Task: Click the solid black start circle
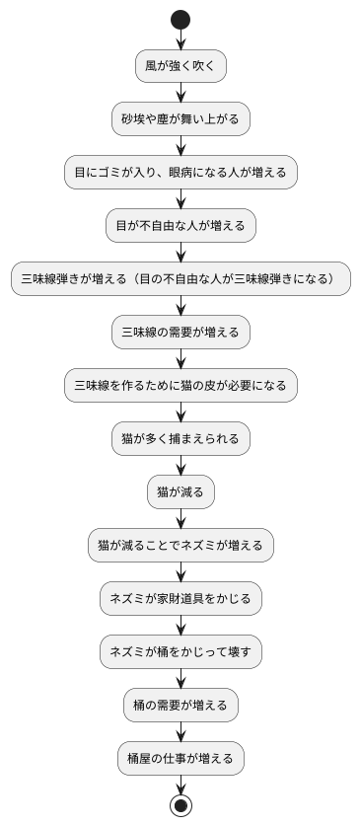(x=180, y=19)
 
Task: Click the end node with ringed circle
(x=180, y=805)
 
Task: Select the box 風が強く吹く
(x=180, y=66)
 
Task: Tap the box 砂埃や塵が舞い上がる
(x=180, y=119)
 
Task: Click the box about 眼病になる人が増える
(x=180, y=173)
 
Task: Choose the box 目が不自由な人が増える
(x=180, y=226)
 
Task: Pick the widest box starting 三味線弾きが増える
(x=180, y=279)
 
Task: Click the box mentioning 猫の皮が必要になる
(x=180, y=386)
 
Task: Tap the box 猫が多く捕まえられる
(x=180, y=438)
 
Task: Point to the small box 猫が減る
(x=180, y=491)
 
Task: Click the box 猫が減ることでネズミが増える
(x=180, y=545)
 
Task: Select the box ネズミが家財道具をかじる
(x=180, y=598)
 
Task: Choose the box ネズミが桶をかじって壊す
(x=180, y=651)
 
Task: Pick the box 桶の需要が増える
(x=180, y=705)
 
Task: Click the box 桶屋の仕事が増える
(x=180, y=758)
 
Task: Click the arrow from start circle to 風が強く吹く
(x=180, y=39)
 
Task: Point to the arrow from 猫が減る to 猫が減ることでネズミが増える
(x=180, y=518)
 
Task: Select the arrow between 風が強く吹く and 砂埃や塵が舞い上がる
(x=180, y=93)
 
